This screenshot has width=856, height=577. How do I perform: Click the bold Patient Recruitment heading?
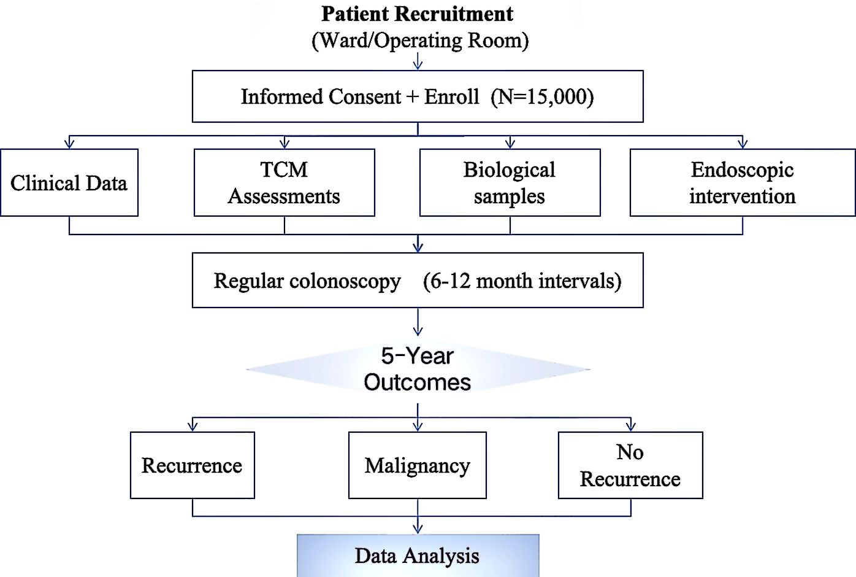tap(418, 14)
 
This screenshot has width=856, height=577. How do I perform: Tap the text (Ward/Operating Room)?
tap(420, 41)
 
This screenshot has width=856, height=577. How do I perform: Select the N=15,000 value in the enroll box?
tap(542, 97)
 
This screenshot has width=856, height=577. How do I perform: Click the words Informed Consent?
tap(321, 97)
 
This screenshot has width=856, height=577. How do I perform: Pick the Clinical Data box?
tap(69, 183)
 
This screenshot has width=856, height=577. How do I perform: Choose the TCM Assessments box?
tap(284, 183)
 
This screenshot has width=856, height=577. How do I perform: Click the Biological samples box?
tap(510, 183)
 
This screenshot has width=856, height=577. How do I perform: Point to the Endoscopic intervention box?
tap(742, 183)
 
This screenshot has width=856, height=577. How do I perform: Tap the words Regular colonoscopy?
tap(307, 281)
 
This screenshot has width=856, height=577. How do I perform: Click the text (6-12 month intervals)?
tap(522, 281)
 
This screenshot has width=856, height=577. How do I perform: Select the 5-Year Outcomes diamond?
tap(418, 369)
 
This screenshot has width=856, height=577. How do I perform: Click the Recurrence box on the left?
tap(192, 465)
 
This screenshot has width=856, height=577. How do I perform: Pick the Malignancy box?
tap(417, 465)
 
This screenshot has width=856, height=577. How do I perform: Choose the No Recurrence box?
tap(630, 465)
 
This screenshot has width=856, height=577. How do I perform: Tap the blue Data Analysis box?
tap(418, 556)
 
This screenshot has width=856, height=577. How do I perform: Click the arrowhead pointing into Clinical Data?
tap(69, 144)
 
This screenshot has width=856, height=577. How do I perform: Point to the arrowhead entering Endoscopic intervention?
tap(743, 144)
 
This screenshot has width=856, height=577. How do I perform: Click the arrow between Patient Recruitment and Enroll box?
tap(418, 61)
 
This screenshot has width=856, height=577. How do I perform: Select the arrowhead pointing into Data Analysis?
tap(418, 529)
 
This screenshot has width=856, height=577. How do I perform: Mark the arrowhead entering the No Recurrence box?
tap(630, 426)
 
